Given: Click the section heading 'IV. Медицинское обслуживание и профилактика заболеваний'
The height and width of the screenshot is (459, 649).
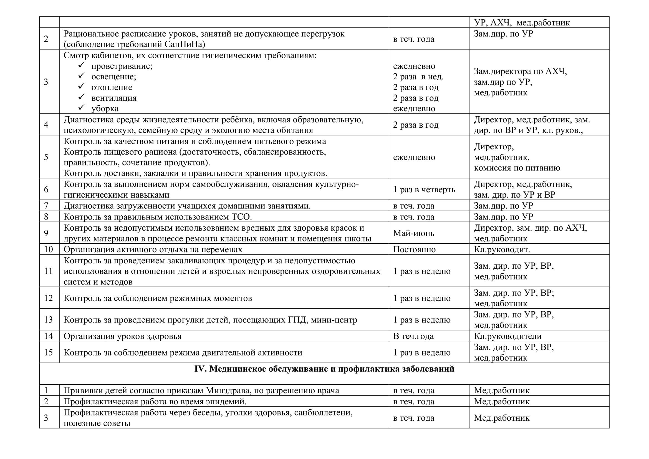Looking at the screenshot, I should (324, 369).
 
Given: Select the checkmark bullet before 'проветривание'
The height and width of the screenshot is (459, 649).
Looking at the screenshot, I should (82, 65).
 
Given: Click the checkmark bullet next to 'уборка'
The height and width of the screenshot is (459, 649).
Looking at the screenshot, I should (82, 108).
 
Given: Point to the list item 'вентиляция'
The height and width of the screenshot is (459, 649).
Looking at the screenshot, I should (114, 98).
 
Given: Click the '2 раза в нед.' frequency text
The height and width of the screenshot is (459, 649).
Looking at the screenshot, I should (418, 77).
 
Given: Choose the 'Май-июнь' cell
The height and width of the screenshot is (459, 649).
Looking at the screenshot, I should (413, 233).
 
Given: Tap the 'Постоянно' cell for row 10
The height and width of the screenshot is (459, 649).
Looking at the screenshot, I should (414, 249).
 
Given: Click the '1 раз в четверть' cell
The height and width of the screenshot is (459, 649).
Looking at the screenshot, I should (424, 189).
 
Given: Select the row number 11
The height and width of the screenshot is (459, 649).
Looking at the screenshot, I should (48, 271).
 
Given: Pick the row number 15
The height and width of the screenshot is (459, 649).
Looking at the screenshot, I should (48, 352).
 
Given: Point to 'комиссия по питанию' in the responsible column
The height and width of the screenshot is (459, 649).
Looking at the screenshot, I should (517, 168).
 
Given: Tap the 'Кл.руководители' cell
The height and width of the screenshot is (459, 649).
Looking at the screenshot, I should (508, 336).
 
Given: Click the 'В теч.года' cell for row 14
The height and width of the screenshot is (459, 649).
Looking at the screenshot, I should (413, 336).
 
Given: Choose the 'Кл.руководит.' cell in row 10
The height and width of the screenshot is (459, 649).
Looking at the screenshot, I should (502, 249).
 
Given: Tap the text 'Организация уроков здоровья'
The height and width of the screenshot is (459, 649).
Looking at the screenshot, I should (122, 336).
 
